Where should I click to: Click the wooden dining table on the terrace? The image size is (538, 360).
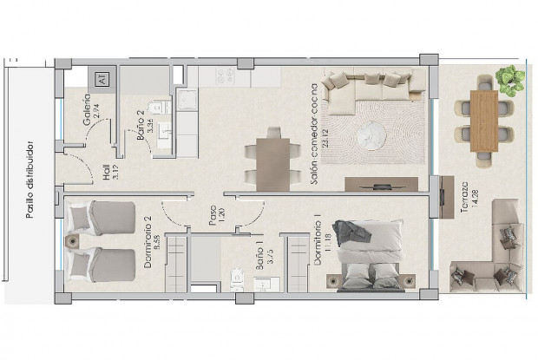483,121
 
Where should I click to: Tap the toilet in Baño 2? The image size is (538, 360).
157,108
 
